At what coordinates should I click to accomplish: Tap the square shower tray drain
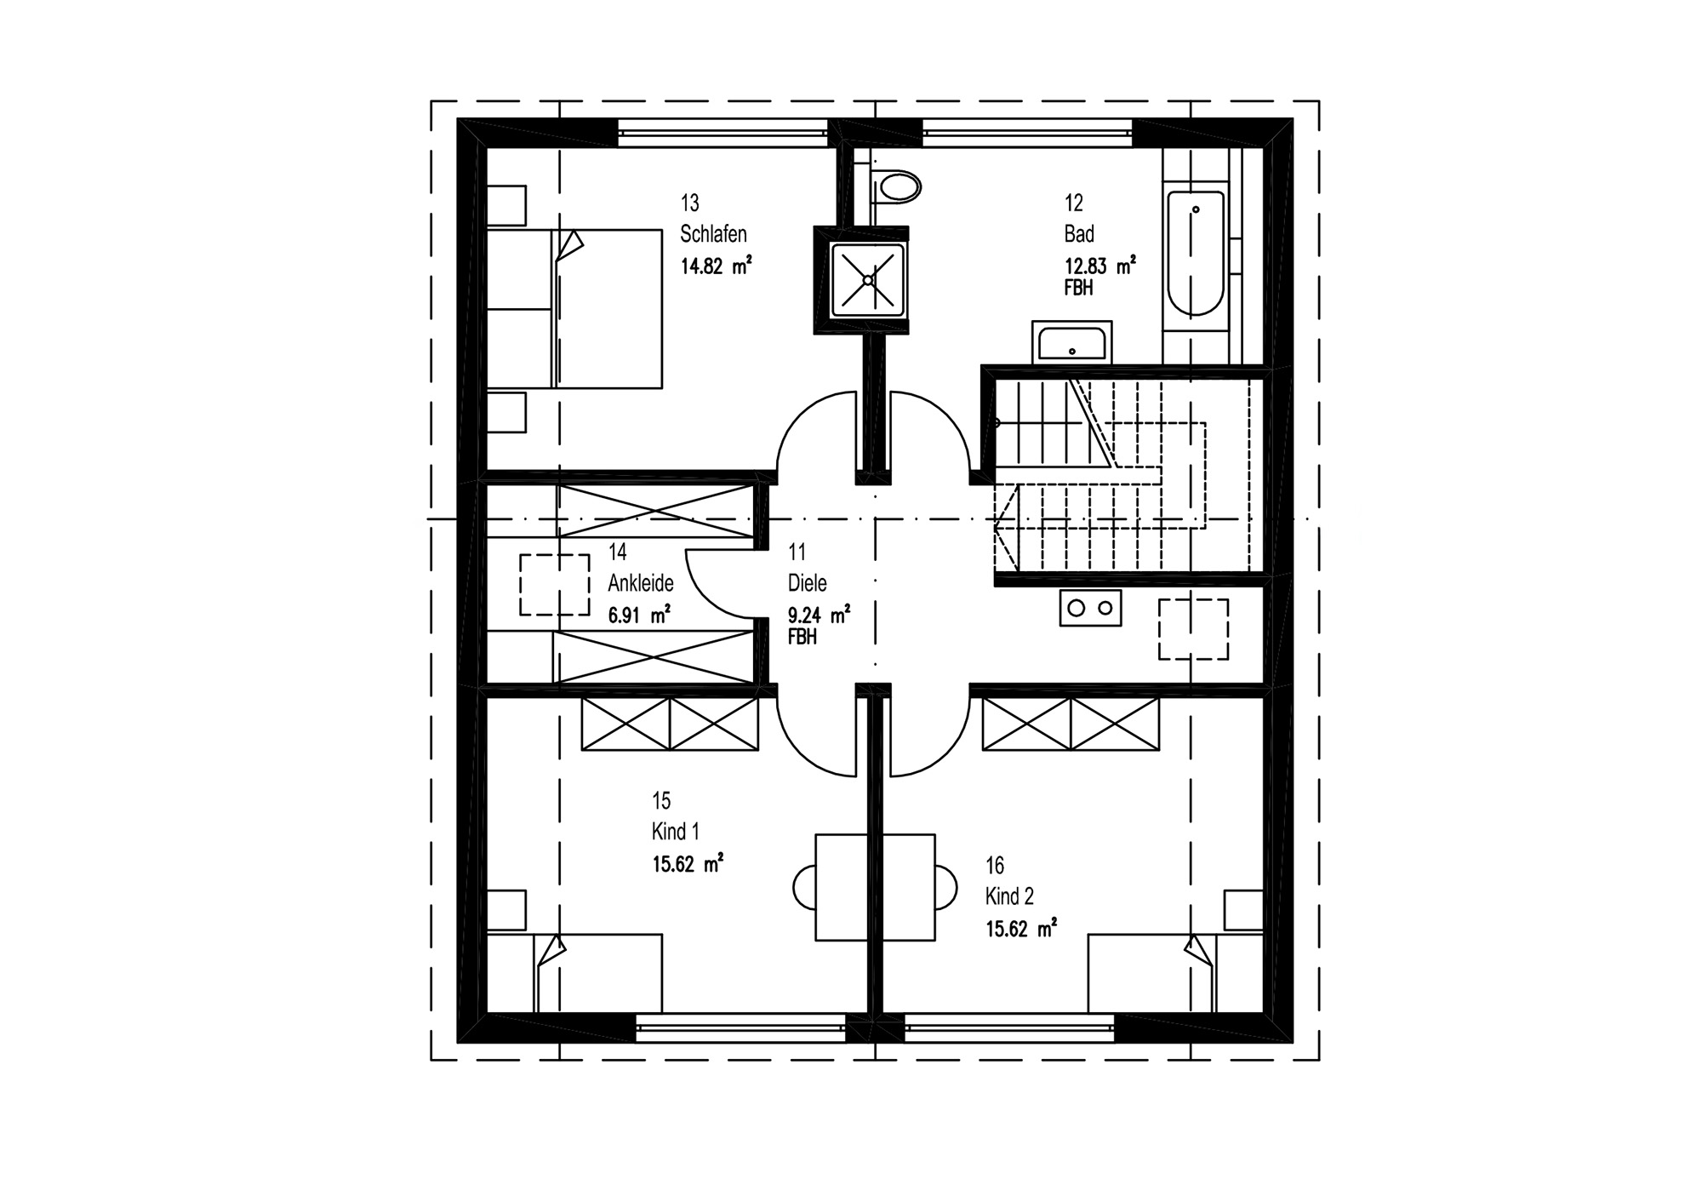(x=868, y=279)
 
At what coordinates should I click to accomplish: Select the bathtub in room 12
(x=1196, y=254)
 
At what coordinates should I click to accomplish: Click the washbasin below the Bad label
(x=1071, y=342)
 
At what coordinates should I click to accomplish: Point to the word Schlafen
(x=713, y=233)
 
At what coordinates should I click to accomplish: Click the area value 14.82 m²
(x=716, y=266)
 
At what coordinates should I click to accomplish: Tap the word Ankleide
(x=641, y=583)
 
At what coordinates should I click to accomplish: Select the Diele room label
(x=808, y=583)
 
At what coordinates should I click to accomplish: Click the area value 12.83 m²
(x=1100, y=266)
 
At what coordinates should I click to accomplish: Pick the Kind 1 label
(x=676, y=832)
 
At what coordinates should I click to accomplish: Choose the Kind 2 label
(x=1010, y=896)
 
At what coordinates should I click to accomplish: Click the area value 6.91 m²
(x=639, y=615)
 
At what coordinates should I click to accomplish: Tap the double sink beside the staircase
(x=1091, y=608)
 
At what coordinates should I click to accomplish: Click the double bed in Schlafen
(x=574, y=308)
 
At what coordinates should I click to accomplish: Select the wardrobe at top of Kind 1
(x=670, y=724)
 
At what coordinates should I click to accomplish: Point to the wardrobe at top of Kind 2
(x=1071, y=724)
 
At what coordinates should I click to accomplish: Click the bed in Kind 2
(x=1175, y=972)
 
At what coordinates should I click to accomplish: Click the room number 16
(x=995, y=866)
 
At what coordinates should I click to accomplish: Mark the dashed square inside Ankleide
(x=555, y=585)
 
